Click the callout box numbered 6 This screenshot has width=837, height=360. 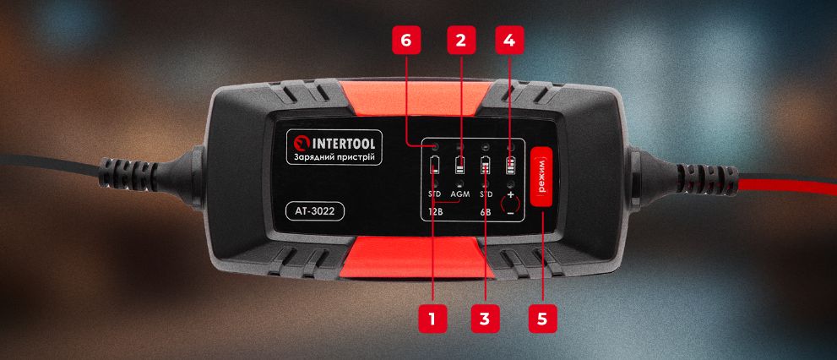click(407, 40)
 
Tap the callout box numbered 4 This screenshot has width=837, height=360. click(509, 40)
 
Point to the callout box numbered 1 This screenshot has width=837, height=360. click(432, 319)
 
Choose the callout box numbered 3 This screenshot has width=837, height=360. click(484, 319)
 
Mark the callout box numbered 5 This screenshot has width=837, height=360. click(541, 319)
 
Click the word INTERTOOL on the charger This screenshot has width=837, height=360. click(343, 144)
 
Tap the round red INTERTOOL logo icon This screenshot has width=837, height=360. click(301, 145)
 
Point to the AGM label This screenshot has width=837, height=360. click(460, 194)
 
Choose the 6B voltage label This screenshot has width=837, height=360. click(486, 213)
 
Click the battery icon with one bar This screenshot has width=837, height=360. click(434, 166)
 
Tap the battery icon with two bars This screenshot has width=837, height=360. click(460, 166)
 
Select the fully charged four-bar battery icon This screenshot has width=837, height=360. click(511, 166)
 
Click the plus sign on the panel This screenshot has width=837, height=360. click(511, 194)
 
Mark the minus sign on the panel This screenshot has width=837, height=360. click(511, 213)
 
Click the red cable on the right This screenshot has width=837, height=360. click(785, 187)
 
